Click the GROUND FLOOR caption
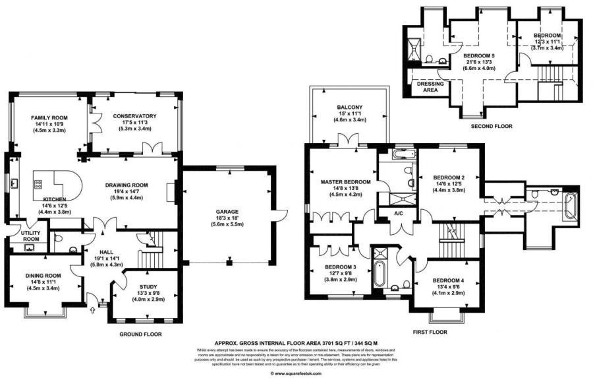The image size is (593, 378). coord(140,334)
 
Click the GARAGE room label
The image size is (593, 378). coord(227,212)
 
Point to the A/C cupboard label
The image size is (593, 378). coord(398,213)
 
